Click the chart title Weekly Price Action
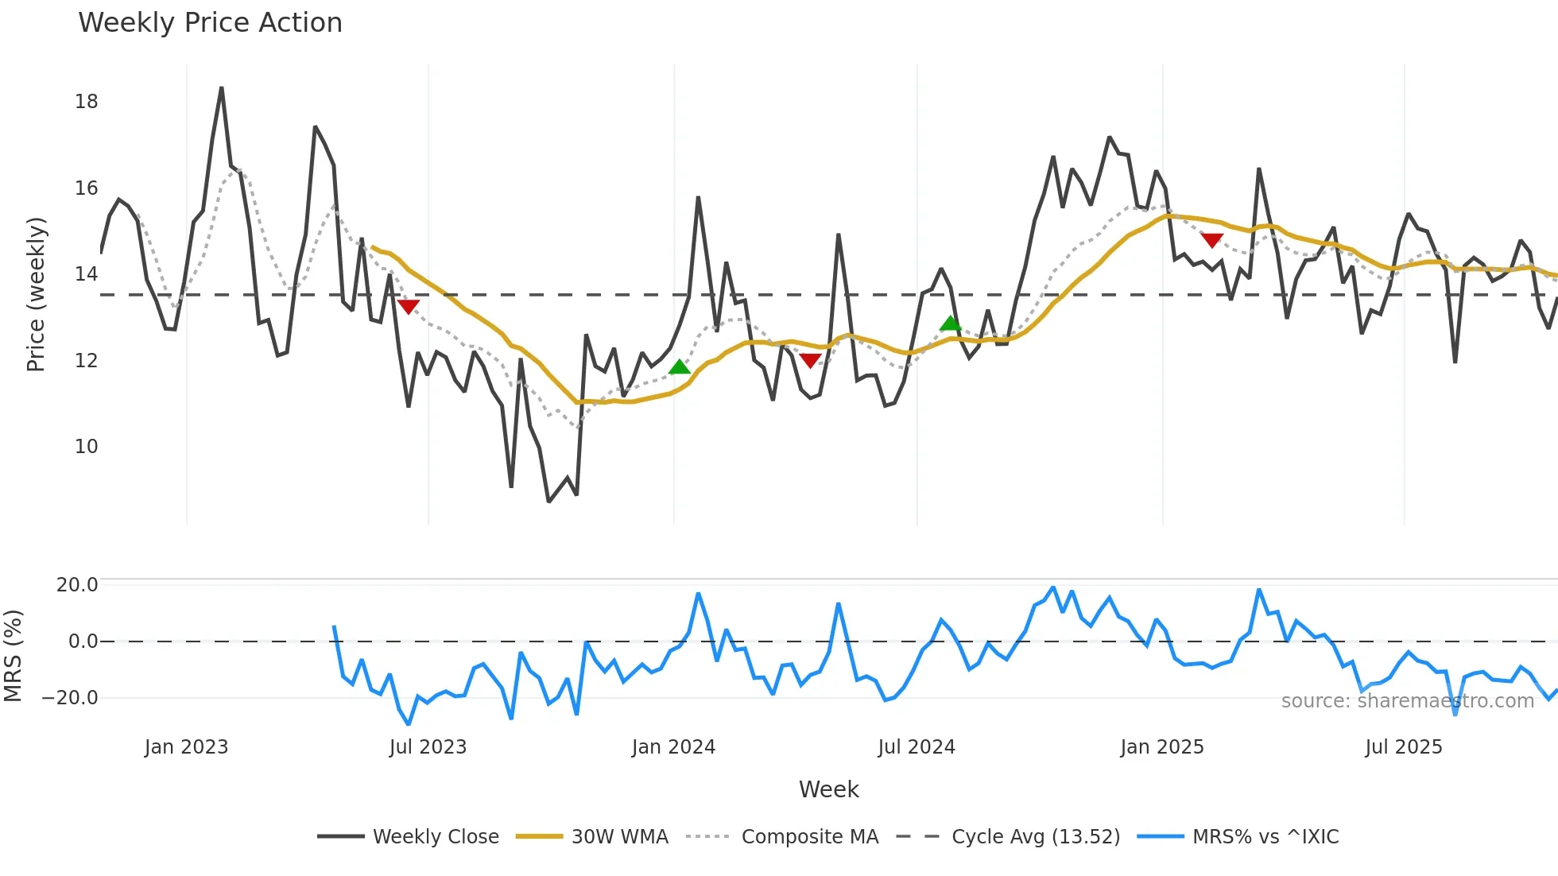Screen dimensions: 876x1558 pos(210,23)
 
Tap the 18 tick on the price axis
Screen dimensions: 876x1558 pos(87,102)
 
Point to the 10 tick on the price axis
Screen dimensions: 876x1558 pos(87,447)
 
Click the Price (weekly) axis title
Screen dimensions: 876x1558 pos(37,294)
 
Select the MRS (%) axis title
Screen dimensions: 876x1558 pos(13,656)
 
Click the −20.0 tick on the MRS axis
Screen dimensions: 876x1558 pos(70,698)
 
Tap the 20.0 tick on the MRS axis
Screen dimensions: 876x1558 pos(77,585)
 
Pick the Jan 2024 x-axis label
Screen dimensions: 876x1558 pos(673,747)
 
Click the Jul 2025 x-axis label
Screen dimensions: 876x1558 pos(1403,747)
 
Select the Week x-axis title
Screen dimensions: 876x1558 pos(828,789)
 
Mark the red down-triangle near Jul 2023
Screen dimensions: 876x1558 pos(408,307)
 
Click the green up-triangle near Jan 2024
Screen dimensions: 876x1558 pos(680,366)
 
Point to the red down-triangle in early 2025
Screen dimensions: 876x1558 pos(1211,240)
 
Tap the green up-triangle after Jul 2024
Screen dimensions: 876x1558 pos(951,324)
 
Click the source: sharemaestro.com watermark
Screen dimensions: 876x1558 pos(1407,701)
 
